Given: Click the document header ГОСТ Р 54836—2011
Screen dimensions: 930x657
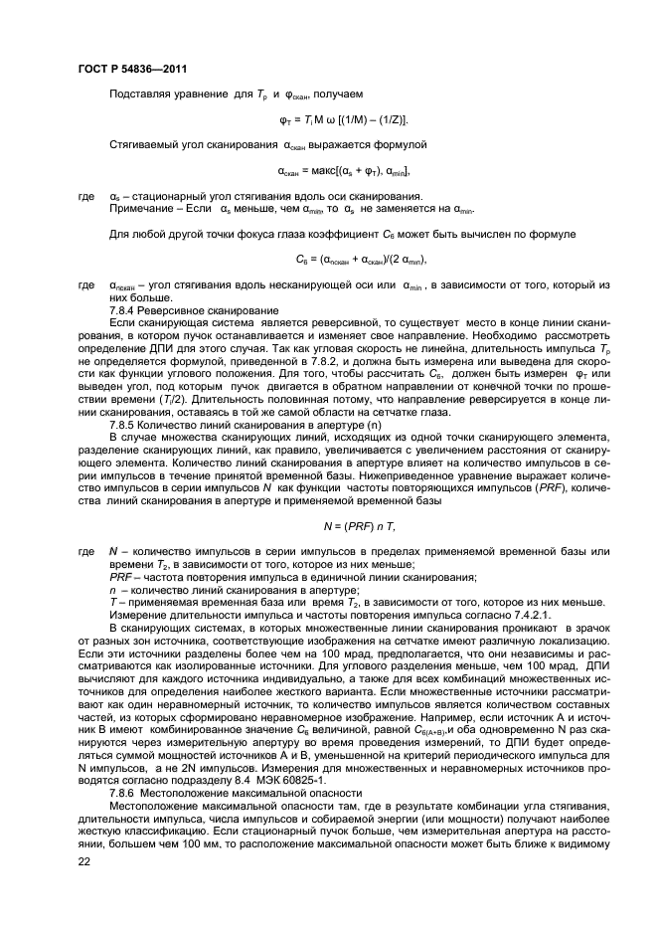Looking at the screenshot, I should [130, 68].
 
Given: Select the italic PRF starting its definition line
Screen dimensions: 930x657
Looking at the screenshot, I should [121, 577].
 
